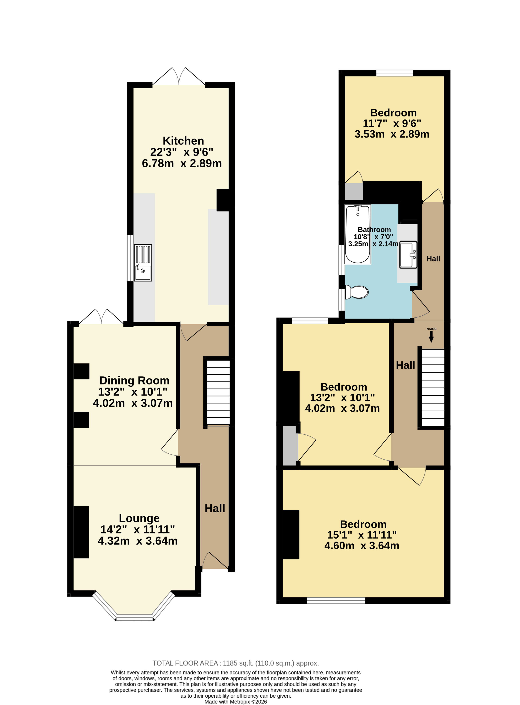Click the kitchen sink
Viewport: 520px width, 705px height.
143,263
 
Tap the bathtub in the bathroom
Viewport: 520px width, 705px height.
358,234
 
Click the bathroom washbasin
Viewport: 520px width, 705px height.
408,255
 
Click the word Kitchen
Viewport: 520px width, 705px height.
183,141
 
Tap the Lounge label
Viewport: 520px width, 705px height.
139,518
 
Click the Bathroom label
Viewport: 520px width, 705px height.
374,230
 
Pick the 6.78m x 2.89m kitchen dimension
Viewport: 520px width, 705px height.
182,163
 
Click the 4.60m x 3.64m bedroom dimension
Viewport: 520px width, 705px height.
362,545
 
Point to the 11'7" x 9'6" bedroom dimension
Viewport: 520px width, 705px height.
392,123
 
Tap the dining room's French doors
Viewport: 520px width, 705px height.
101,316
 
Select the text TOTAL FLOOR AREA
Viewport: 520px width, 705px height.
185,663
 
